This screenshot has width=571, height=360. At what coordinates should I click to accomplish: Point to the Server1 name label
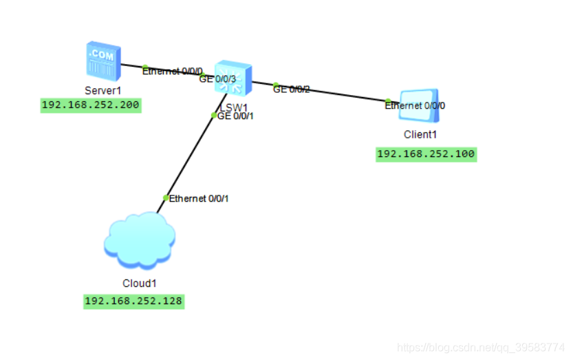(x=103, y=90)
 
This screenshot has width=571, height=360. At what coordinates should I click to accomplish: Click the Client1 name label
(x=420, y=134)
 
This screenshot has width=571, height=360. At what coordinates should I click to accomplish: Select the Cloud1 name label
(x=139, y=283)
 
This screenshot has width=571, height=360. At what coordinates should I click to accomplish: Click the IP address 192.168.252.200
(x=91, y=105)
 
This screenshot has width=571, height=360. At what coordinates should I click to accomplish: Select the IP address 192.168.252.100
(x=426, y=154)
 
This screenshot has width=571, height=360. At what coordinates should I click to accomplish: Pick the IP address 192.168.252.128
(x=133, y=301)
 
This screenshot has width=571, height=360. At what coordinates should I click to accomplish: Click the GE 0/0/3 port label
(x=217, y=79)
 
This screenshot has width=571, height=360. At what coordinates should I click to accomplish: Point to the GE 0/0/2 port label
(x=292, y=89)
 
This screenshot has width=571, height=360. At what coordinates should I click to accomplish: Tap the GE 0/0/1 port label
(x=235, y=116)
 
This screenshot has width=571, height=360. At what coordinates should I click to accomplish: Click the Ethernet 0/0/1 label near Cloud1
(x=198, y=199)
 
